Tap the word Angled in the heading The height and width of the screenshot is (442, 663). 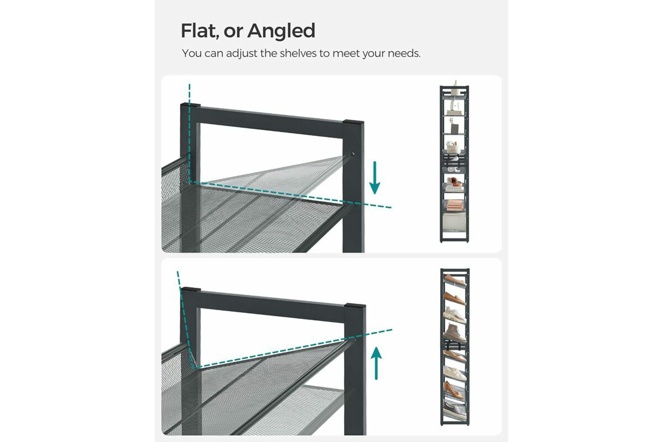[281, 31]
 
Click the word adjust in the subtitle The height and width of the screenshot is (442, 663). [242, 54]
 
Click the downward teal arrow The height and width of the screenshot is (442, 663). [375, 178]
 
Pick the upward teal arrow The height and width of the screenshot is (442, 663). [376, 363]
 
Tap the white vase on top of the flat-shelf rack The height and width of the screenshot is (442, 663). [455, 84]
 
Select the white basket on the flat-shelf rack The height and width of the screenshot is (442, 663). [453, 148]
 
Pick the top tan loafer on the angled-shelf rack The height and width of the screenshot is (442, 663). [455, 280]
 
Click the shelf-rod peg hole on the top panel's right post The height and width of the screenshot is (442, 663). [352, 154]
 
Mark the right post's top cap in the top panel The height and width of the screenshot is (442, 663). [354, 122]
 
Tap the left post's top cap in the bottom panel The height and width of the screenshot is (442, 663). [191, 289]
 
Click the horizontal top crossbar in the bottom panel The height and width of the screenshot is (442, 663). [272, 305]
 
